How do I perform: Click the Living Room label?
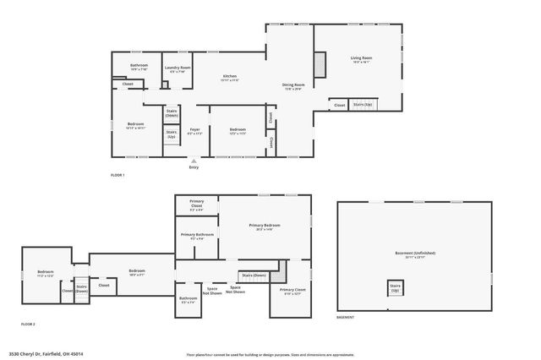362,59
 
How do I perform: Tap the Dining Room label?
293,85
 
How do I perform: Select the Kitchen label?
230,78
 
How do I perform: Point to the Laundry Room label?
178,68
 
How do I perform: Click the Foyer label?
194,131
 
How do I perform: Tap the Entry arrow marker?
194,161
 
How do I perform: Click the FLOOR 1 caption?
117,175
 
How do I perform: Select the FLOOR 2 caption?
28,324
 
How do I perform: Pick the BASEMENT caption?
345,317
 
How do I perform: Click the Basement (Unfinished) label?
414,254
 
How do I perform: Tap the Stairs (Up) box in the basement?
395,288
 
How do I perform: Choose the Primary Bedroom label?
264,226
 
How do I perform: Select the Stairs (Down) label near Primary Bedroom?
254,275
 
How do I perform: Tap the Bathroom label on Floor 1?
139,67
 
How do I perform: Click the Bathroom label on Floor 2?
188,299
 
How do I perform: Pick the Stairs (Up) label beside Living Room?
363,104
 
